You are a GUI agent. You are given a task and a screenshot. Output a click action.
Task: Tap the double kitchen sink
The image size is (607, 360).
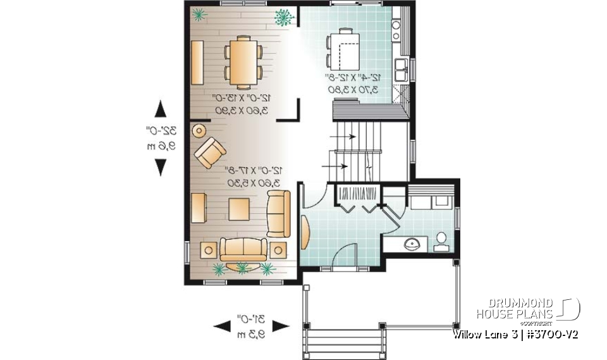click(400, 69)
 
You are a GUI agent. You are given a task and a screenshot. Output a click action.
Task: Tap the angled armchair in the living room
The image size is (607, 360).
click(210, 153)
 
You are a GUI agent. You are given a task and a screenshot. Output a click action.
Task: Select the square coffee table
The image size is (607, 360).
click(239, 208)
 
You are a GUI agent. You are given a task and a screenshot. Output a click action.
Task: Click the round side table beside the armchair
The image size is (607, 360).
click(199, 131)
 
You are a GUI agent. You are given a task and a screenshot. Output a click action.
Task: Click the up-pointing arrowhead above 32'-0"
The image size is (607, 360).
click(161, 108)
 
